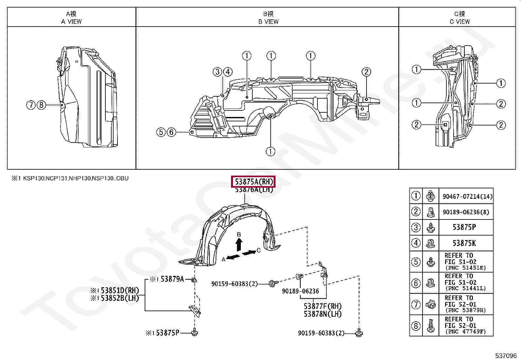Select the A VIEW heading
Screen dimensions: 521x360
coord(71,21)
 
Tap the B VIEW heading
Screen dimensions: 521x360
coord(268,21)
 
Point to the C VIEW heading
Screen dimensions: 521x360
coord(459,21)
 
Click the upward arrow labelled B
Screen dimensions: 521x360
coord(239,244)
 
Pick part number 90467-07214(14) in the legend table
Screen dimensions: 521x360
coord(467,197)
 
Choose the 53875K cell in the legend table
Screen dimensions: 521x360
coord(464,243)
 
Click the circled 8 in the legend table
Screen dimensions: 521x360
coord(416,326)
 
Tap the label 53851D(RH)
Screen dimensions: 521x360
coord(117,291)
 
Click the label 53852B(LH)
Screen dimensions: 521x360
coord(117,298)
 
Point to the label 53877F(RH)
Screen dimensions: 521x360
coord(322,306)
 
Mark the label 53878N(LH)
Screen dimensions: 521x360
coord(322,314)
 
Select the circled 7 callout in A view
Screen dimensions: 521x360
coord(31,105)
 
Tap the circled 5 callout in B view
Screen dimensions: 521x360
coord(161,132)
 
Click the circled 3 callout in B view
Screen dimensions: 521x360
coord(217,72)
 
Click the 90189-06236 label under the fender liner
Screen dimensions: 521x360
coord(300,291)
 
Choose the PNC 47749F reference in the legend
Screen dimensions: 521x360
coord(465,332)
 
